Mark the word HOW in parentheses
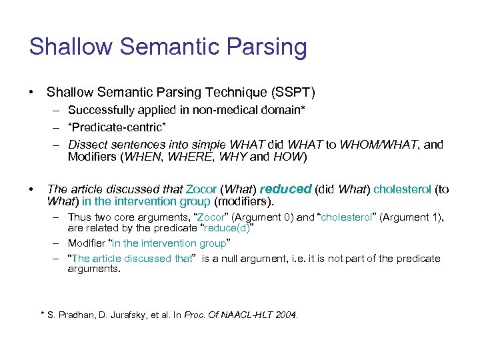click(x=291, y=157)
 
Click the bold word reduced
click(x=285, y=189)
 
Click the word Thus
click(x=79, y=217)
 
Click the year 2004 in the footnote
click(x=286, y=315)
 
